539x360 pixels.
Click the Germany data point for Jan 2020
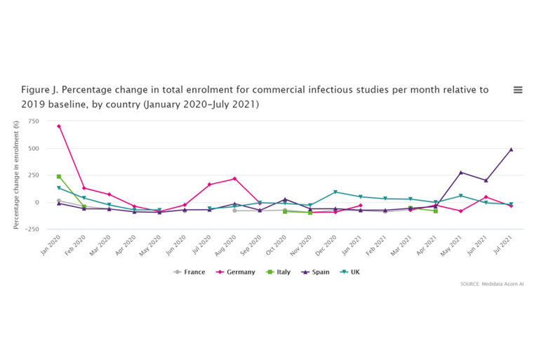[59, 126]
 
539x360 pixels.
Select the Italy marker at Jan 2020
[59, 176]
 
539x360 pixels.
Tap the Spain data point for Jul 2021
[511, 149]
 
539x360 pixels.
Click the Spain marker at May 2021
[461, 173]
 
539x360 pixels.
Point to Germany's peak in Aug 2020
[234, 178]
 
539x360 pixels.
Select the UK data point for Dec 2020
[335, 192]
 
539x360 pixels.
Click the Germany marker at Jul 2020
[210, 185]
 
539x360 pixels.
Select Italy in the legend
[279, 272]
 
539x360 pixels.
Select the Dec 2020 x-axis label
[327, 245]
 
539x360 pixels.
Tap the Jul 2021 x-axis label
[503, 245]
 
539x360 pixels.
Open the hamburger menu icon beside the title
[518, 90]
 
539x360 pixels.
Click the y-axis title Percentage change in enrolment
[15, 175]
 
